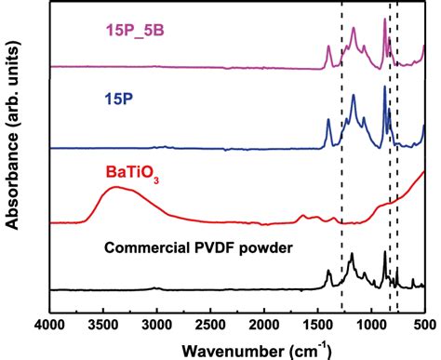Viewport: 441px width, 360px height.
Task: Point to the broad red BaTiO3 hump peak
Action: point(114,189)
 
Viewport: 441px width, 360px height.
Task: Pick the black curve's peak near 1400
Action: point(328,272)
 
